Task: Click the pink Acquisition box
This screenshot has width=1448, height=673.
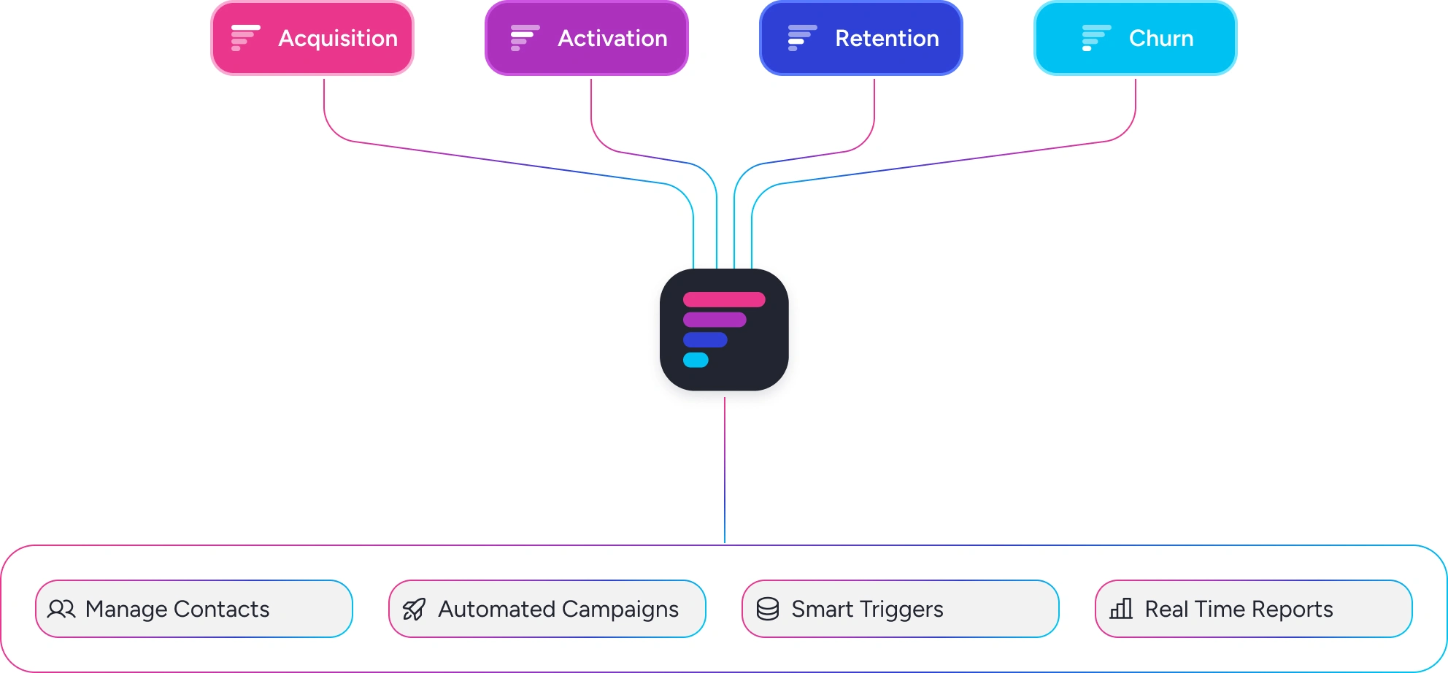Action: coord(312,38)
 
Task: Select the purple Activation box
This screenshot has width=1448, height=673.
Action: coord(587,38)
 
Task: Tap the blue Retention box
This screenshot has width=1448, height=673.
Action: coord(861,38)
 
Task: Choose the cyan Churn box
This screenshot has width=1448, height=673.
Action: coord(1136,38)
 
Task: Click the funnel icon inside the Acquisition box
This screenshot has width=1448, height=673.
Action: coord(245,38)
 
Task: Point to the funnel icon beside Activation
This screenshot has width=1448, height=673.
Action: coord(525,38)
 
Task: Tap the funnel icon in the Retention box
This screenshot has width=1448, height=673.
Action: coord(802,38)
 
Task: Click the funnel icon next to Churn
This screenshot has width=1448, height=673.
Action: coord(1096,38)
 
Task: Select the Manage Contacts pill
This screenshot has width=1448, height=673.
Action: coord(194,609)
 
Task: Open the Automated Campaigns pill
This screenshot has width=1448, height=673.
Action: coord(547,609)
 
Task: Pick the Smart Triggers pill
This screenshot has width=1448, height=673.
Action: coord(901,609)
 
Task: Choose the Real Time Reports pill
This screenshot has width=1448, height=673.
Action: coord(1254,609)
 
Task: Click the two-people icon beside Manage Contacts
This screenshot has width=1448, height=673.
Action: coord(61,609)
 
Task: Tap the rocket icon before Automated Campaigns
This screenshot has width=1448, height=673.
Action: coord(414,609)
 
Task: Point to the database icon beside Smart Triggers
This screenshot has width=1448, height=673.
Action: coord(768,609)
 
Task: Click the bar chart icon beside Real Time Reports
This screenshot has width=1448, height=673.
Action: coord(1121,609)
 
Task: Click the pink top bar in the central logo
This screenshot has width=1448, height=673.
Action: coord(724,299)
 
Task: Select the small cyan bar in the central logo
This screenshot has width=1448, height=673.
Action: coord(696,360)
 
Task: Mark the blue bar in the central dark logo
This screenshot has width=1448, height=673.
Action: coord(705,340)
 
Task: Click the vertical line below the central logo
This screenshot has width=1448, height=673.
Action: coord(725,470)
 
